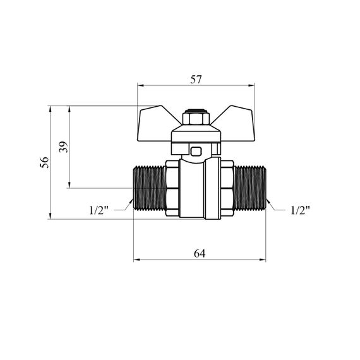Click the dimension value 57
point(196,80)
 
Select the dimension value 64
point(200,254)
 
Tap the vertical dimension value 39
point(64,147)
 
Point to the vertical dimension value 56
point(45,162)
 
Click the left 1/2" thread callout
point(99,210)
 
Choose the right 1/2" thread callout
point(300,210)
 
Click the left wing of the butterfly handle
point(156,125)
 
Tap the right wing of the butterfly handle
point(236,125)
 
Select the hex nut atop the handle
point(196,117)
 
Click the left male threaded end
point(149,188)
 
